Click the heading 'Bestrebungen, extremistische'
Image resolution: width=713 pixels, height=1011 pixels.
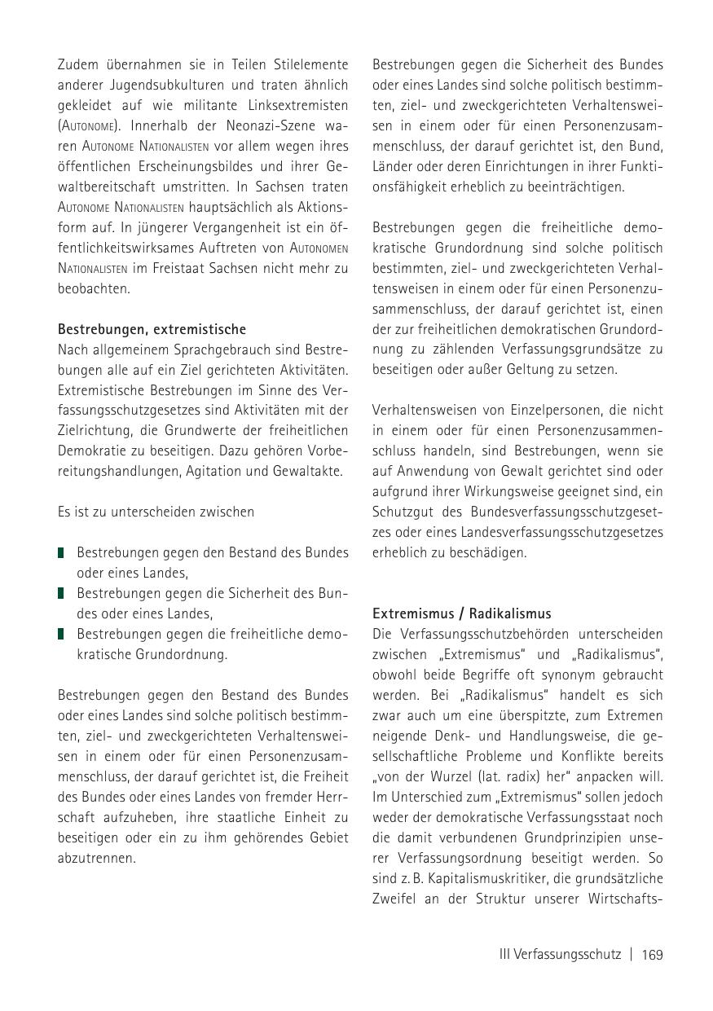pyautogui.click(x=152, y=329)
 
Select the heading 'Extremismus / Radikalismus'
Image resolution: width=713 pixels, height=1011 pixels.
pyautogui.click(x=461, y=613)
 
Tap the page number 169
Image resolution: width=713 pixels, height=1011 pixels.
pyautogui.click(x=652, y=954)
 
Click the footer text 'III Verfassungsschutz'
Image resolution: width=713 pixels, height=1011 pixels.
pyautogui.click(x=560, y=954)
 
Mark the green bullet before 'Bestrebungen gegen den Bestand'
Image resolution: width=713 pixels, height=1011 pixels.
pyautogui.click(x=61, y=553)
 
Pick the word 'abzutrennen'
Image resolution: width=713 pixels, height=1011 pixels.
pyautogui.click(x=95, y=858)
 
